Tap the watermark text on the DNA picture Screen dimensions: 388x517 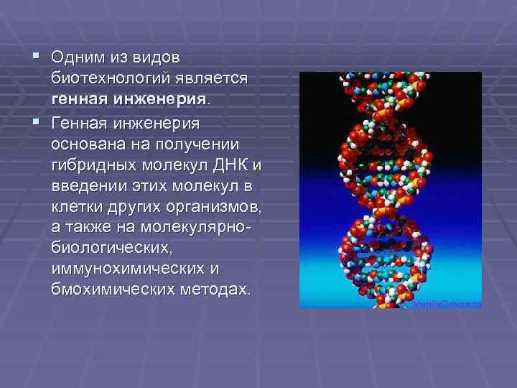coord(447,304)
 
